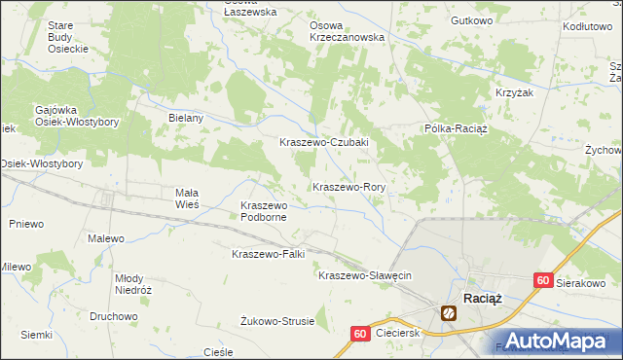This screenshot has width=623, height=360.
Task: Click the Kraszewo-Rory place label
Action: [x=349, y=186]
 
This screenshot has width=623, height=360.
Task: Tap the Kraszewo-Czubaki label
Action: [x=323, y=142]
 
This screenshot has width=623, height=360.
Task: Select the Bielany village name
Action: [x=185, y=118]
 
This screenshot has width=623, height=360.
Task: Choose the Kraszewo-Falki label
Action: [x=268, y=254]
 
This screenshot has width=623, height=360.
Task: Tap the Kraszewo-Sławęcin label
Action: [x=365, y=275]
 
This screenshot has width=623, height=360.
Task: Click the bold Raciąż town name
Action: [x=482, y=298]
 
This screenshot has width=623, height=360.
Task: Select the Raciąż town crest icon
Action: [x=449, y=313]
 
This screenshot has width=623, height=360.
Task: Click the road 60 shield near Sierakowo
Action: [x=544, y=280]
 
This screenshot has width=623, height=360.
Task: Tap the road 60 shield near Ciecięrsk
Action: [x=359, y=334]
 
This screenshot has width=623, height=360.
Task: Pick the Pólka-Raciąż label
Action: [x=455, y=128]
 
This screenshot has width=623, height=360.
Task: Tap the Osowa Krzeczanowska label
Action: [x=347, y=30]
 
